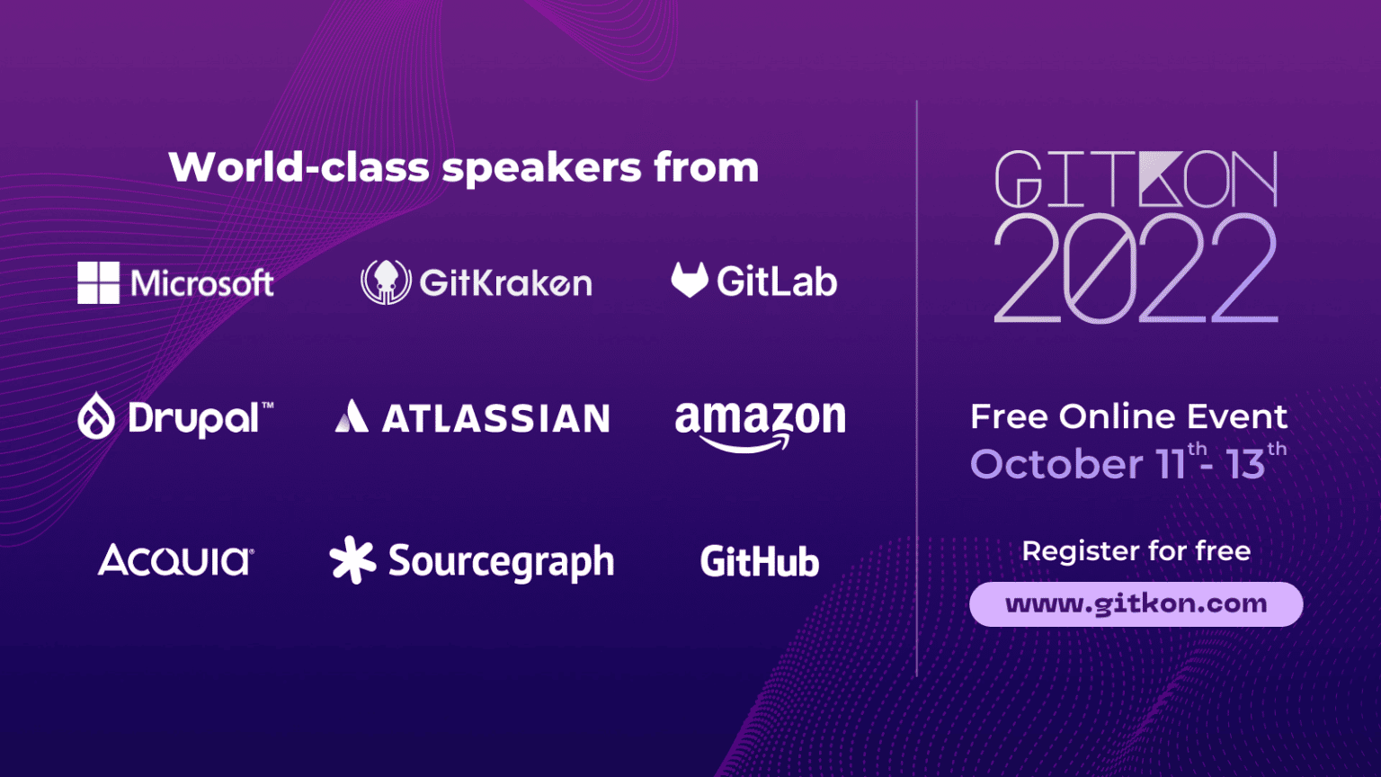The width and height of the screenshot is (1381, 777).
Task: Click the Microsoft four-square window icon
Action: (x=98, y=282)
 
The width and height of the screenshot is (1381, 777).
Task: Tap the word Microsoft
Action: (x=202, y=283)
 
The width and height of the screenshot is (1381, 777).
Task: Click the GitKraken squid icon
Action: (x=386, y=281)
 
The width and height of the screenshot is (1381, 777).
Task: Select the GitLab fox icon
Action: (x=690, y=280)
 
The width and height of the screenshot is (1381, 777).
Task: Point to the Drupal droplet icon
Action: (x=96, y=416)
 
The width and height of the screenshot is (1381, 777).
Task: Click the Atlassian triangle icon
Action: (x=352, y=416)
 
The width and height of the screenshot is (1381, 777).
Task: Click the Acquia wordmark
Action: (x=175, y=560)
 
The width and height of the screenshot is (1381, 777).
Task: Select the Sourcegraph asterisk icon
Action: (x=352, y=559)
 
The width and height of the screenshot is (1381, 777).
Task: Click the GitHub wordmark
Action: (x=760, y=562)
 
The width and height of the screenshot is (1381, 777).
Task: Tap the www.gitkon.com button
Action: (x=1136, y=603)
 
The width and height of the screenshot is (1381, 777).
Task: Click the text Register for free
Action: (x=1136, y=550)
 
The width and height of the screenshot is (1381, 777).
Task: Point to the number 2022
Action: (x=1135, y=270)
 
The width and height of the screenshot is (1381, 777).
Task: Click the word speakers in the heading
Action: (x=542, y=168)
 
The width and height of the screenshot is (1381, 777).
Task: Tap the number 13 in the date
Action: (x=1245, y=465)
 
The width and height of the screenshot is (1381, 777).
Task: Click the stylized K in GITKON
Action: (x=1160, y=180)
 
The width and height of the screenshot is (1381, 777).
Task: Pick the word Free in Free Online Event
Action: (x=1009, y=416)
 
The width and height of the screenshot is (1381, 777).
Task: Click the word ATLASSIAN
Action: (x=496, y=418)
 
